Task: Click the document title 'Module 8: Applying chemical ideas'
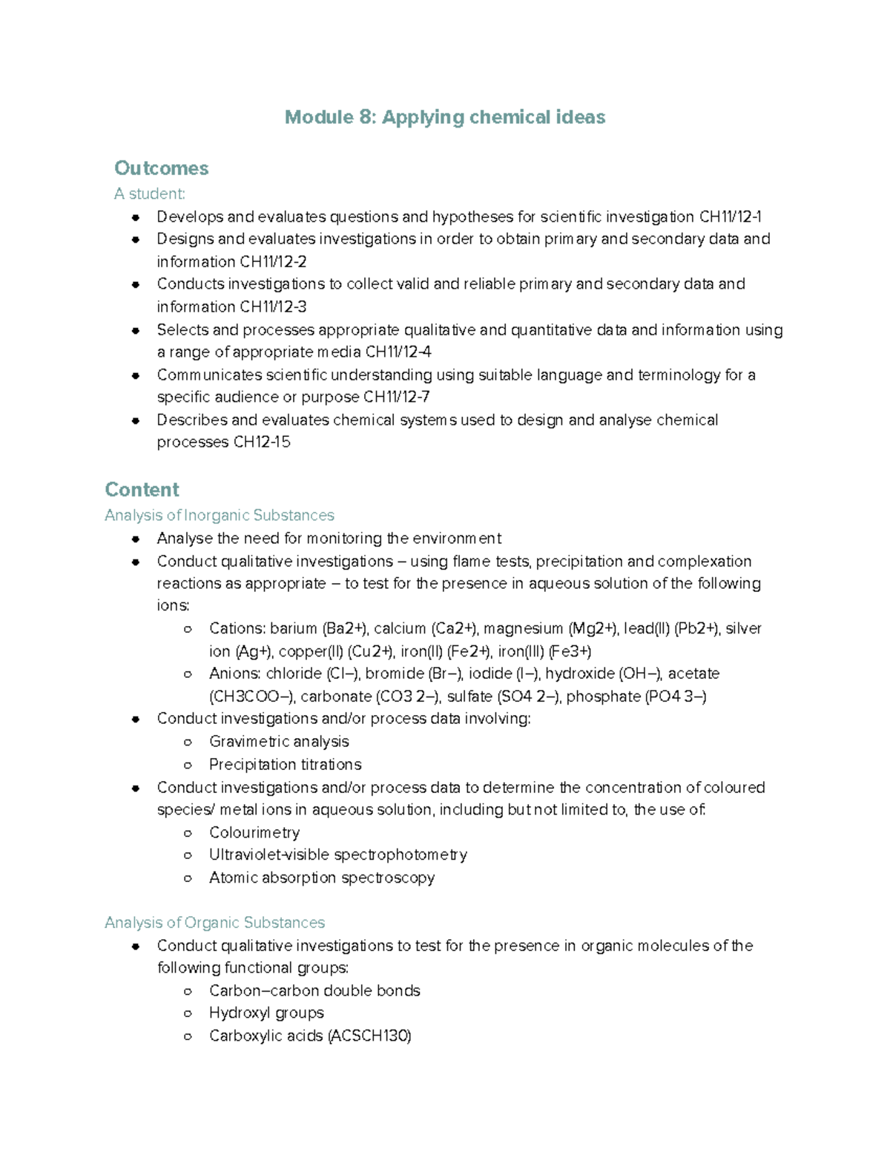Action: click(x=445, y=117)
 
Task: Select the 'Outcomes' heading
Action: click(x=161, y=168)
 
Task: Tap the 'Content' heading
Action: click(x=142, y=490)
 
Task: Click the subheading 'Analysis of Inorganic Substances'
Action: click(x=220, y=516)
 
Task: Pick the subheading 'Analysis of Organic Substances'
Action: click(x=214, y=923)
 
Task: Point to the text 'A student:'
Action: click(x=149, y=194)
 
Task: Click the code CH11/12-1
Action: click(x=730, y=217)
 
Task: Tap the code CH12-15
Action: click(x=262, y=443)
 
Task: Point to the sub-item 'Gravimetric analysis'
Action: click(x=279, y=742)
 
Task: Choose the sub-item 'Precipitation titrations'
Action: click(x=285, y=765)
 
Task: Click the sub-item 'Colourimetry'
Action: click(x=254, y=833)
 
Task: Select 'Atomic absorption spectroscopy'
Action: click(x=322, y=878)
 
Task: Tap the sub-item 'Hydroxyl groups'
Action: click(x=266, y=1013)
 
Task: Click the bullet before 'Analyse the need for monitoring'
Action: click(x=136, y=539)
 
